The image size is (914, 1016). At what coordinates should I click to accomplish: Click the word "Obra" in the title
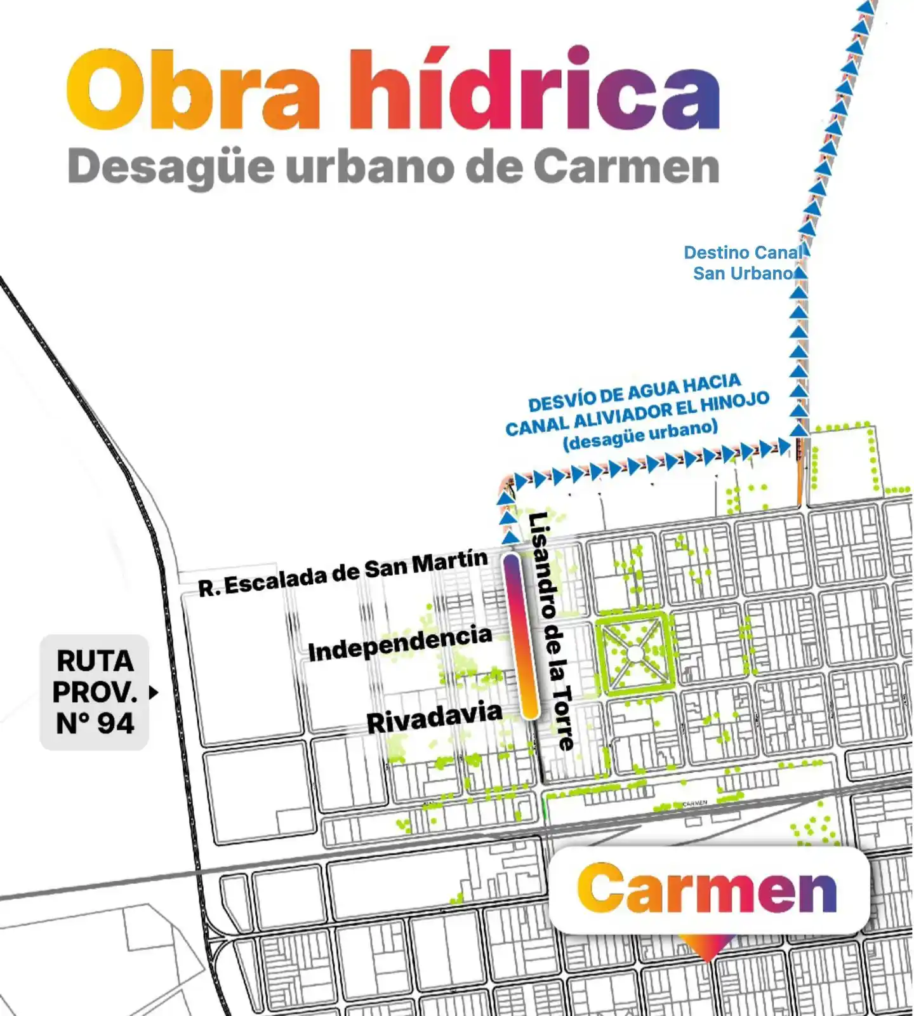click(194, 91)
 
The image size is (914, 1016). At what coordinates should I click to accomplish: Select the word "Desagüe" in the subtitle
click(171, 168)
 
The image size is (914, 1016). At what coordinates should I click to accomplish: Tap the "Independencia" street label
click(400, 643)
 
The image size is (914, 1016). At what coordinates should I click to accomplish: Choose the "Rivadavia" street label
click(434, 718)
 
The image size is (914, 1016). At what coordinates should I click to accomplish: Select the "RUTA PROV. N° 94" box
click(95, 692)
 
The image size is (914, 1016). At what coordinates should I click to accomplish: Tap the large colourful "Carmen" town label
click(707, 889)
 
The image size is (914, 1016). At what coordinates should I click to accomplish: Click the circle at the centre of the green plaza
click(635, 653)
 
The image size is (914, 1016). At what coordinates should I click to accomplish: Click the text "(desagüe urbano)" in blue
click(640, 434)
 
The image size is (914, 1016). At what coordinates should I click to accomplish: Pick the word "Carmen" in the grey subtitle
click(626, 168)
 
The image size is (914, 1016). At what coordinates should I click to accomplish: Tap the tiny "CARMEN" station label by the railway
click(695, 804)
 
